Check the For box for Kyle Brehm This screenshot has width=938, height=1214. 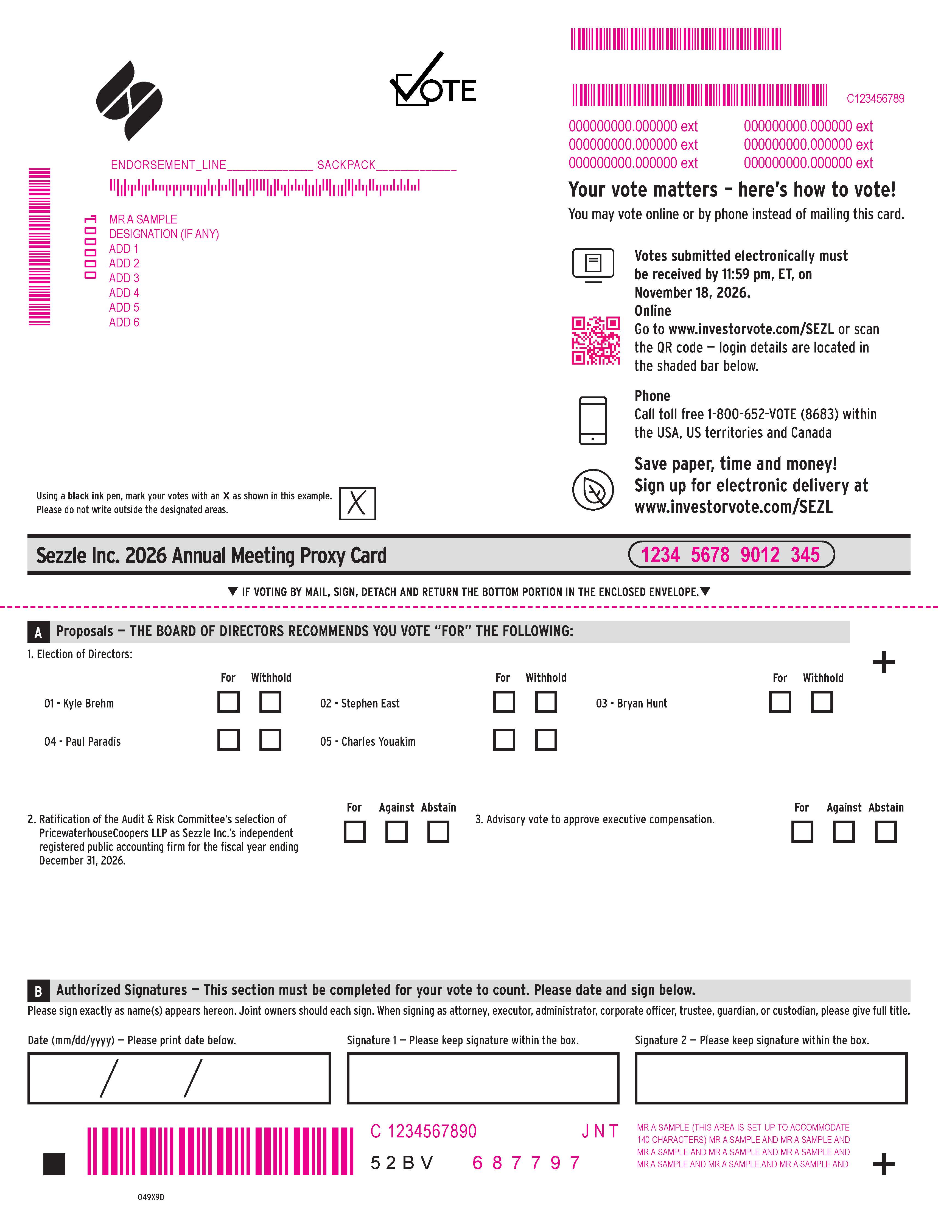click(x=228, y=701)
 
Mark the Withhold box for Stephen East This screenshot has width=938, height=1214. click(x=546, y=701)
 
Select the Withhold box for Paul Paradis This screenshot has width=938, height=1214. click(x=270, y=740)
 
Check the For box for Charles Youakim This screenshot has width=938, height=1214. click(x=504, y=740)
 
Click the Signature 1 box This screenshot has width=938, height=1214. click(x=483, y=1078)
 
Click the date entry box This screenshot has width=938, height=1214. click(x=179, y=1078)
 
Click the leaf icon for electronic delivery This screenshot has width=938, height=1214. click(x=593, y=490)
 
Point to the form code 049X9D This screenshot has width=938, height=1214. click(x=151, y=1197)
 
